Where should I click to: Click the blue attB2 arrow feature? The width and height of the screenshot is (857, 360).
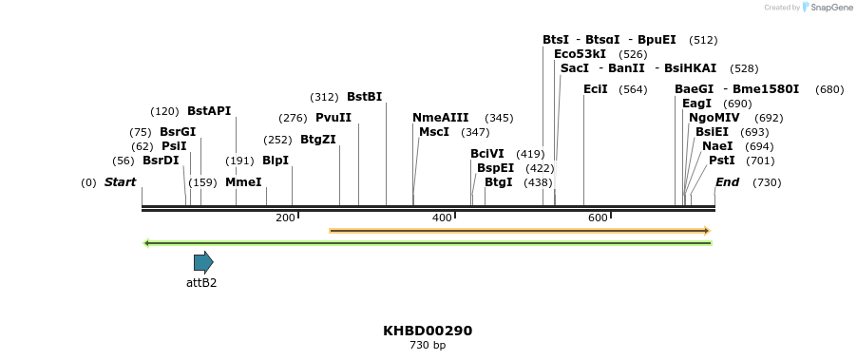pyautogui.click(x=203, y=262)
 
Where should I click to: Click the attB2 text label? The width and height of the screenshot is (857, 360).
pyautogui.click(x=201, y=283)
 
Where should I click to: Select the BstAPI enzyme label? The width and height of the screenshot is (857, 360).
pyautogui.click(x=209, y=111)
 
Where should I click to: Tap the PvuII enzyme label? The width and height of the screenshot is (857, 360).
pyautogui.click(x=333, y=118)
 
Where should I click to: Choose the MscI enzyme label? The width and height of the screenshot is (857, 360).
pyautogui.click(x=434, y=132)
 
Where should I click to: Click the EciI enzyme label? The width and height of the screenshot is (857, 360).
pyautogui.click(x=596, y=89)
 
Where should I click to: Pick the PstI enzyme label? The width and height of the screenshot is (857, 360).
pyautogui.click(x=722, y=161)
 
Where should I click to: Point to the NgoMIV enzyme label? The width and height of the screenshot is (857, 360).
pyautogui.click(x=716, y=118)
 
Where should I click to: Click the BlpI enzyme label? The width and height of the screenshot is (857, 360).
pyautogui.click(x=276, y=161)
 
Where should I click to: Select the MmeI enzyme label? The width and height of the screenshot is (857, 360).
pyautogui.click(x=243, y=181)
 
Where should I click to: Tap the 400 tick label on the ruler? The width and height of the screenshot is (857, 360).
pyautogui.click(x=442, y=218)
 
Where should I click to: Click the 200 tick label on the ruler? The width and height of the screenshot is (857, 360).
pyautogui.click(x=285, y=218)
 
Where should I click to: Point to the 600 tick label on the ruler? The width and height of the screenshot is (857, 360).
pyautogui.click(x=598, y=218)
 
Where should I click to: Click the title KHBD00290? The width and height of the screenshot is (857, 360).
pyautogui.click(x=428, y=331)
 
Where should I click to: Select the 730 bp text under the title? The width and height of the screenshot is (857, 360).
pyautogui.click(x=428, y=346)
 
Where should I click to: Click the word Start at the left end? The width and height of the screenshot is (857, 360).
pyautogui.click(x=121, y=181)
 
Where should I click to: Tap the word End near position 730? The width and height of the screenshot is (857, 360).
pyautogui.click(x=727, y=181)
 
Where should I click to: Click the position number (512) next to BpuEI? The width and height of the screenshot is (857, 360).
pyautogui.click(x=703, y=40)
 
